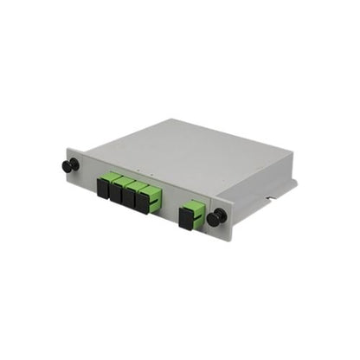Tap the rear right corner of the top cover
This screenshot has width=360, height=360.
pos(292,158)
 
